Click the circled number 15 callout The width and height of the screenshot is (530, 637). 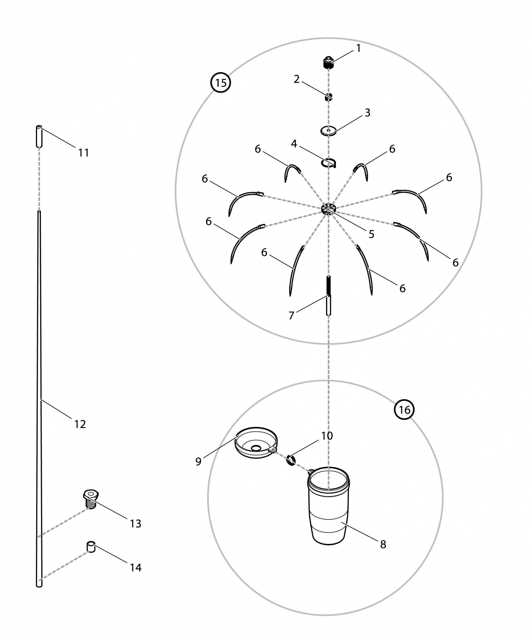tap(221, 83)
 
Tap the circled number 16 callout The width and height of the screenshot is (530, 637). tap(404, 410)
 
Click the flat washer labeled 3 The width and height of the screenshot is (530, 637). tap(329, 130)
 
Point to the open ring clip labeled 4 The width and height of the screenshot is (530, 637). tap(329, 163)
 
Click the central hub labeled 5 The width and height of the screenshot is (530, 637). tap(329, 209)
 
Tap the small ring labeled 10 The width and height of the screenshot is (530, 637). tap(291, 460)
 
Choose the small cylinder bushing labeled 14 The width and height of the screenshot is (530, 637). tap(91, 547)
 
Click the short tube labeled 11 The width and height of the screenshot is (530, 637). tap(39, 136)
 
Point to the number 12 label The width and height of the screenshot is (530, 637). tap(80, 424)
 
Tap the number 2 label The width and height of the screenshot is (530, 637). tap(296, 79)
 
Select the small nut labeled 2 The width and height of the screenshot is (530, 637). tap(328, 97)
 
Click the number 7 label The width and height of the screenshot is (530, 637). tap(291, 315)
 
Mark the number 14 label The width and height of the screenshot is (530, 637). tap(135, 568)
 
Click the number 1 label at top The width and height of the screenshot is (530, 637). tap(358, 48)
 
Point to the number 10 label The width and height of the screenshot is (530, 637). tap(327, 436)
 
